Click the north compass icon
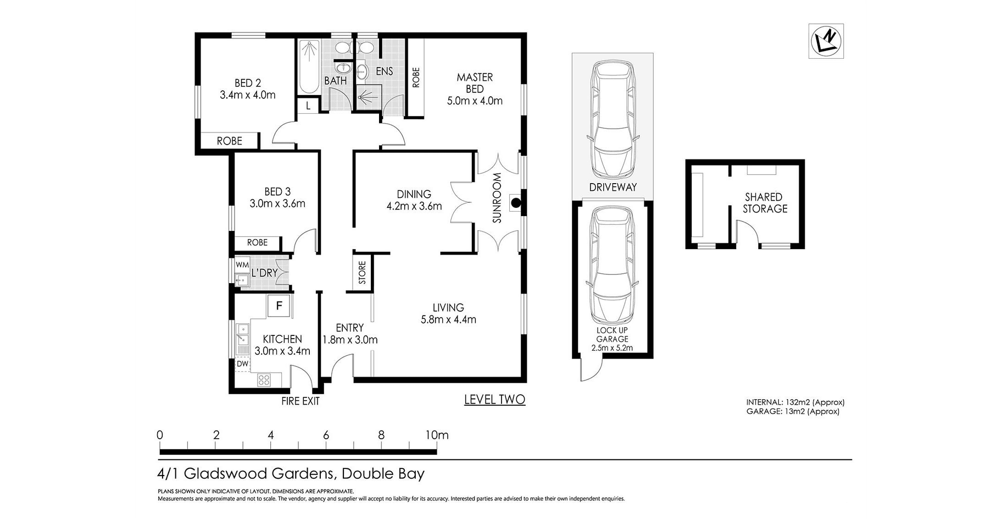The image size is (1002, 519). (826, 41)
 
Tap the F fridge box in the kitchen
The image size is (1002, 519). (279, 306)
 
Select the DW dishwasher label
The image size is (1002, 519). (242, 363)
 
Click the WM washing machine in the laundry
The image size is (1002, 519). (242, 265)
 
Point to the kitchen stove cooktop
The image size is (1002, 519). (264, 379)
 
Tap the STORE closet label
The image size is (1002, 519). (362, 273)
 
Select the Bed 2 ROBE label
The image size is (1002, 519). (230, 141)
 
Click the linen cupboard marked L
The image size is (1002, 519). (309, 106)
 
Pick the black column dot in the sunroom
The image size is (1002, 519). (515, 203)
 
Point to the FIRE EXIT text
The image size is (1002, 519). (300, 401)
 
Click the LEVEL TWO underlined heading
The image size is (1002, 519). (495, 400)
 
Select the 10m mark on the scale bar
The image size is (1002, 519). (437, 435)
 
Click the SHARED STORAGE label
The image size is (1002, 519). (765, 203)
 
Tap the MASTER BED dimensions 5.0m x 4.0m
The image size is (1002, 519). (475, 101)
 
